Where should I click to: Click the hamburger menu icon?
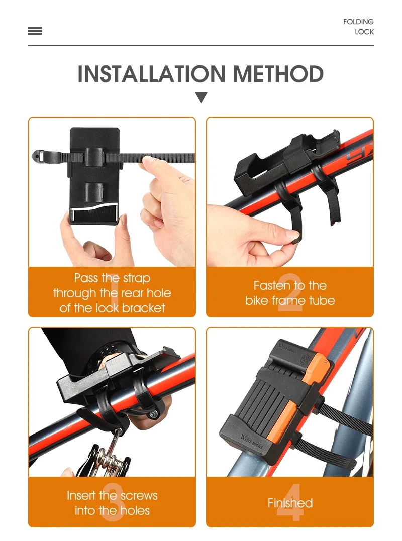[35, 31]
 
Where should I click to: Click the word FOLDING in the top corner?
[358, 22]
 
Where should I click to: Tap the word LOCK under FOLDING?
[364, 32]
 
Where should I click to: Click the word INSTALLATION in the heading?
[151, 74]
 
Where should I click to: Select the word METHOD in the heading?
[278, 74]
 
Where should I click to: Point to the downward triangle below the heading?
[201, 97]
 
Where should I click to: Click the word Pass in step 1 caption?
[86, 278]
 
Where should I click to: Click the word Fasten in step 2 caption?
[271, 285]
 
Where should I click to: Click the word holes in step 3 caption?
[134, 510]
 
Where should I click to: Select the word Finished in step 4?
[290, 503]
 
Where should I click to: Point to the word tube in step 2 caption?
[322, 300]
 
